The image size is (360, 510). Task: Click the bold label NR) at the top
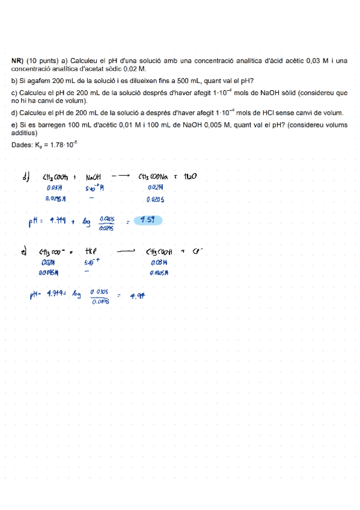(x=17, y=61)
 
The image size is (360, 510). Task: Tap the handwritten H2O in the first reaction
(x=190, y=177)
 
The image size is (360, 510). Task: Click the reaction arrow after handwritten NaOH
(x=121, y=176)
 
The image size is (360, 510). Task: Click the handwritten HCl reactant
(x=91, y=253)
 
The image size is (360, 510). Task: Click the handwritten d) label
(x=25, y=177)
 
